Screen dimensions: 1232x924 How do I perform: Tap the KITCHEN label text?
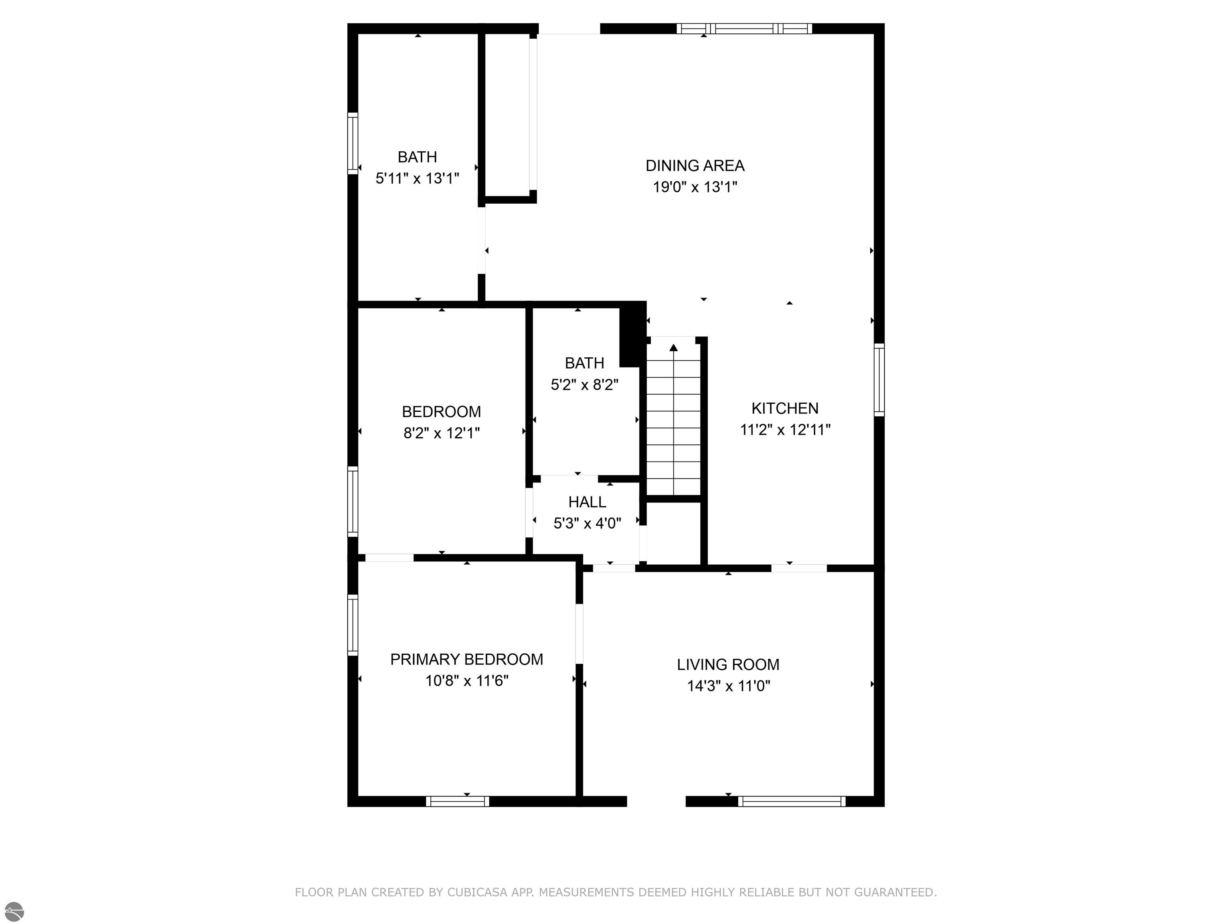(x=785, y=408)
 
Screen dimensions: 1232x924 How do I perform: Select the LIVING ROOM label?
(x=728, y=665)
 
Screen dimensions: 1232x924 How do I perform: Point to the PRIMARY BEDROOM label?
(x=467, y=659)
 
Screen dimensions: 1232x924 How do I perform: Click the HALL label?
(x=587, y=502)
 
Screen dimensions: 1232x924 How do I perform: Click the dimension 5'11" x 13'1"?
(x=417, y=178)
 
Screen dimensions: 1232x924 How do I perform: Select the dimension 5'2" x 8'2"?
(x=584, y=384)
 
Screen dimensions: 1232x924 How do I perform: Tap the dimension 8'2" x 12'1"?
(x=441, y=433)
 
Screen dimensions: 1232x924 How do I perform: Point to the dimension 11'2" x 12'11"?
(x=785, y=430)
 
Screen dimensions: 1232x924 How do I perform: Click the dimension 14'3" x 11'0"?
(x=728, y=686)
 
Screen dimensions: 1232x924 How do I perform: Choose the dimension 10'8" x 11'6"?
(x=467, y=681)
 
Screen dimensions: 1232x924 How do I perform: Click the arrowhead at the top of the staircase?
(x=673, y=348)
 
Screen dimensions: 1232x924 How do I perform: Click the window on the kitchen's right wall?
(x=879, y=379)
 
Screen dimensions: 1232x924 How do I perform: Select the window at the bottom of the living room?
(x=791, y=801)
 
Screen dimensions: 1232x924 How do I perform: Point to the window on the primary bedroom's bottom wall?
(x=457, y=801)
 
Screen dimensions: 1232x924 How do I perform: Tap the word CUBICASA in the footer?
(x=477, y=892)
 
